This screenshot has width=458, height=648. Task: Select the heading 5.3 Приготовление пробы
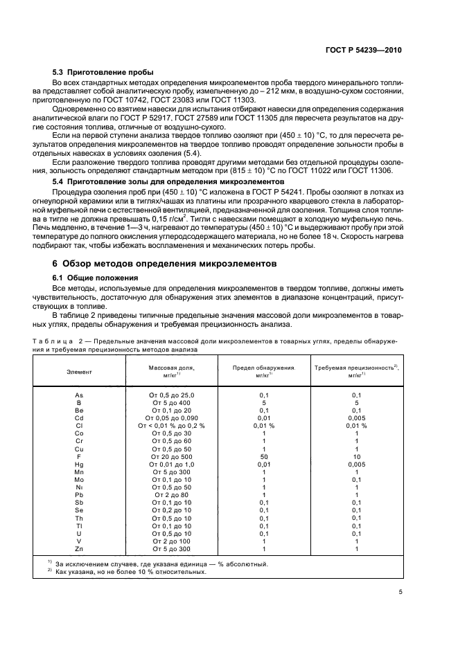tap(103, 73)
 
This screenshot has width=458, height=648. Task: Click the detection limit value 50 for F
tap(263, 456)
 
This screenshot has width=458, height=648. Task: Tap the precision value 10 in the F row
tap(356, 456)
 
